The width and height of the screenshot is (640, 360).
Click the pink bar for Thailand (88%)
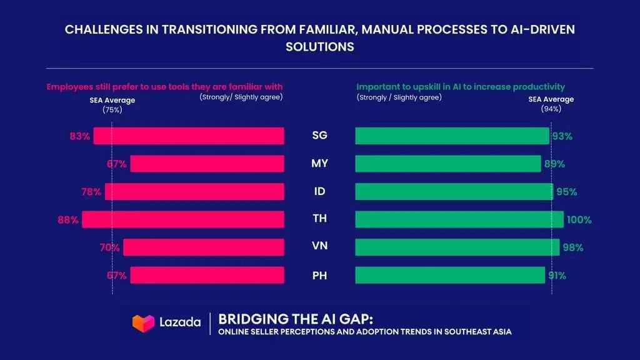183,219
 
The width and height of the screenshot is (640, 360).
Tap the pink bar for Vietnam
204,247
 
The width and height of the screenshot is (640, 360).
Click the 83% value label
80,136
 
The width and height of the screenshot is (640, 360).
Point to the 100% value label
579,219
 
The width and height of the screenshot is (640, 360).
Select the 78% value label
91,192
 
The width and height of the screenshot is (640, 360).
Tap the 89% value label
554,164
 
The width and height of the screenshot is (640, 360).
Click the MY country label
320,164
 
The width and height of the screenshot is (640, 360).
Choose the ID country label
320,192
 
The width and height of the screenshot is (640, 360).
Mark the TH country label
320,219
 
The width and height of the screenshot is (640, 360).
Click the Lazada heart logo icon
143,322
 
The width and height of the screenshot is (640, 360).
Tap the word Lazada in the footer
179,322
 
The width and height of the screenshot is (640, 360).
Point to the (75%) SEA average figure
112,109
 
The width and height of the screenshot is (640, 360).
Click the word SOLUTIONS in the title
320,47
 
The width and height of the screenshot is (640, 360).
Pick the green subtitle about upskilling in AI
461,86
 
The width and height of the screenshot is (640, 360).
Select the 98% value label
572,247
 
